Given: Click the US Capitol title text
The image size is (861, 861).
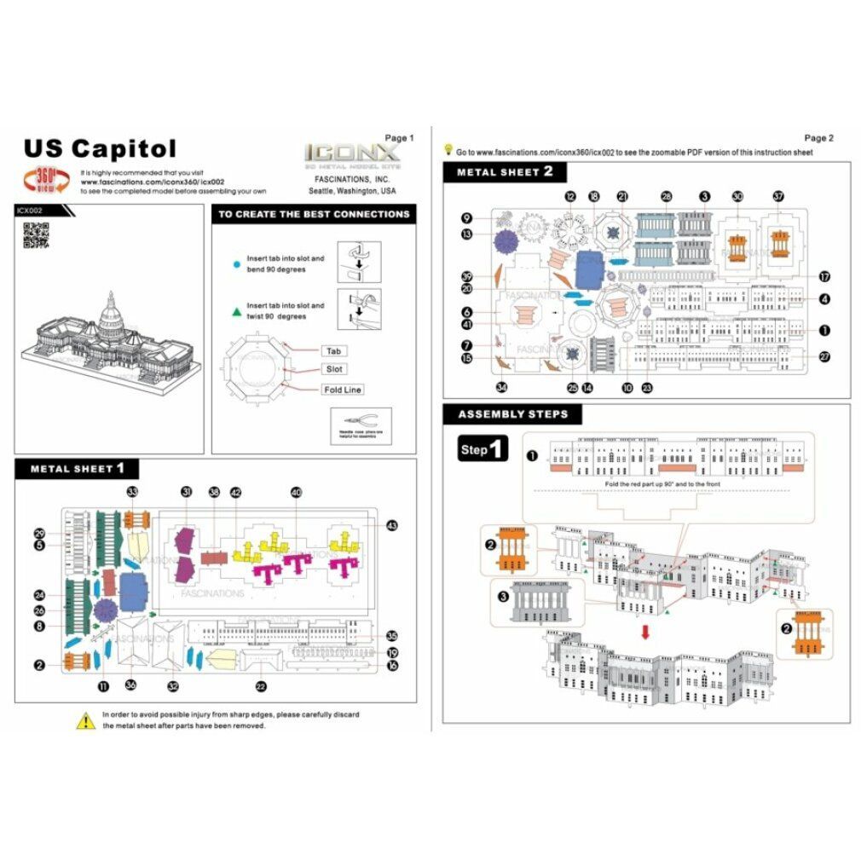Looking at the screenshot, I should (x=100, y=149).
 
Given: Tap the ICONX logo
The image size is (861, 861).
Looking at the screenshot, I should (x=351, y=154).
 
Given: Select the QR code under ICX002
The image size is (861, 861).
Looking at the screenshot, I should (x=35, y=234).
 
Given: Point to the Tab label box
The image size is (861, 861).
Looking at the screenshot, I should (x=333, y=351).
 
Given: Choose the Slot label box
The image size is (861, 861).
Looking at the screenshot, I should (x=333, y=369).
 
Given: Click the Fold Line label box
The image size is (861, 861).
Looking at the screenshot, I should (x=343, y=389).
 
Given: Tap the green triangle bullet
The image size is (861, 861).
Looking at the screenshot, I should (x=235, y=312).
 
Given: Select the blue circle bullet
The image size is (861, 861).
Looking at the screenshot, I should (x=235, y=265).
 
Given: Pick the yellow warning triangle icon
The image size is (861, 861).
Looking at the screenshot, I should (x=85, y=721).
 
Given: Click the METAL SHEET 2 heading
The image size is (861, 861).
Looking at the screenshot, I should (x=505, y=171).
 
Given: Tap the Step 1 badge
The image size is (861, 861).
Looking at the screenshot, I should (x=483, y=449).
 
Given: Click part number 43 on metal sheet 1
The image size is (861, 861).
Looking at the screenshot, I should (x=391, y=525).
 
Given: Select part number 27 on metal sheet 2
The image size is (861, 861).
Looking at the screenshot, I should (x=824, y=357).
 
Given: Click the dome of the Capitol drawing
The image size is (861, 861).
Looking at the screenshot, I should (x=111, y=311).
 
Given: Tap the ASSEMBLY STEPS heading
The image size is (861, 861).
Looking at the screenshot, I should (x=511, y=415).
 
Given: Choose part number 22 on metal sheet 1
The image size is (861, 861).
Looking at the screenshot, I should (x=260, y=685).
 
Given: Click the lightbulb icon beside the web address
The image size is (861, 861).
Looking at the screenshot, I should (x=448, y=149).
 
